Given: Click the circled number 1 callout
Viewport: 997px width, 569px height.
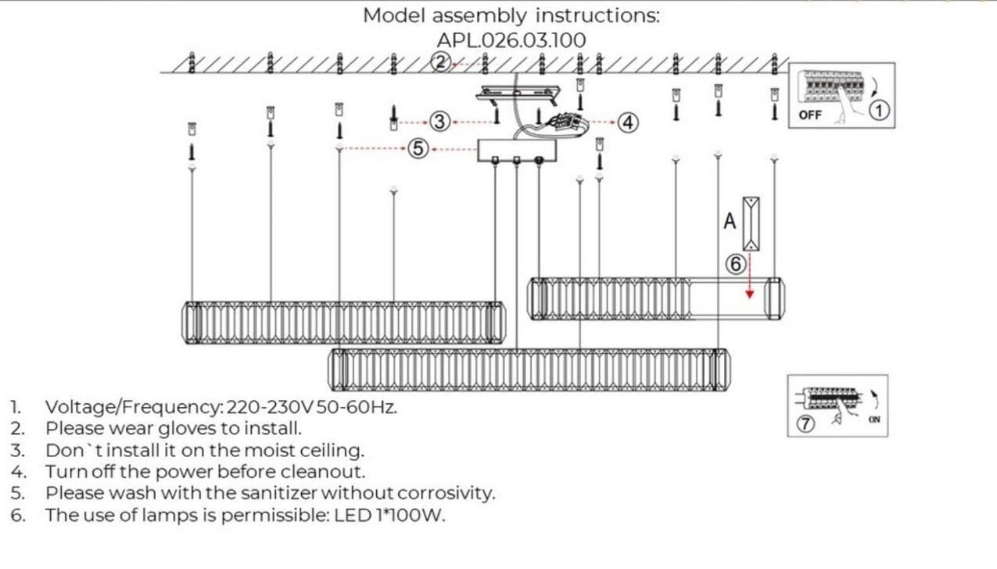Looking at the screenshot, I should pos(879,110).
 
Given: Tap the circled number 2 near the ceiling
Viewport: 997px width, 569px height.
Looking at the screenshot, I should pos(440,62).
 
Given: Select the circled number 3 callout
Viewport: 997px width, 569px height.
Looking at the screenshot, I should pos(439,122).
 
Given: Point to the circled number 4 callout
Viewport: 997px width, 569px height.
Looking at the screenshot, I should pos(627,122).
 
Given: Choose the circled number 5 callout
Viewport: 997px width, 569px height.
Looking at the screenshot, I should pos(417,148).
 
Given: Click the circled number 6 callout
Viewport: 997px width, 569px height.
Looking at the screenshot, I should pos(735,264).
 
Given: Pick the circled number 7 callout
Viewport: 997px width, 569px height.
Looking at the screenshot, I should pos(805,423).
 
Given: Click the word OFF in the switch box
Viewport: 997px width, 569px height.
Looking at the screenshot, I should pos(810,115).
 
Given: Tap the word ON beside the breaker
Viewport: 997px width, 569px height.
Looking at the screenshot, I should pos(874,419).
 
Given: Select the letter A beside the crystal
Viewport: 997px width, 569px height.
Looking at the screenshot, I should pos(730,221).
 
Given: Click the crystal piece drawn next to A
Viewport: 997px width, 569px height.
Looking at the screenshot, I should pos(751,224).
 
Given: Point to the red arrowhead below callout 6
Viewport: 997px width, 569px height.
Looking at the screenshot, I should pos(750,294).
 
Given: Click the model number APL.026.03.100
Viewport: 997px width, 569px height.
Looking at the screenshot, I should pos(511,40).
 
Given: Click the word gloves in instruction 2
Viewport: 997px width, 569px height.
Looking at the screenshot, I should pos(187,428).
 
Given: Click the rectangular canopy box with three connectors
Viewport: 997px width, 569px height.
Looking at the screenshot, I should pos(517,150).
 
